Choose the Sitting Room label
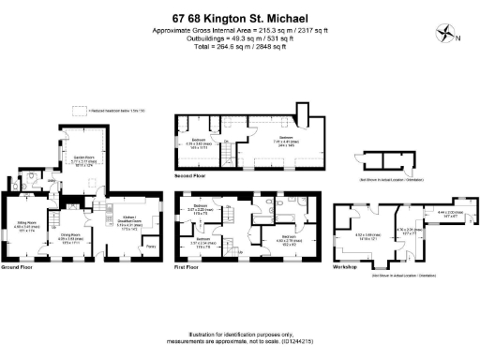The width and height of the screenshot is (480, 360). (25, 225)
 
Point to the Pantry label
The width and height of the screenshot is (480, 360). (150, 247)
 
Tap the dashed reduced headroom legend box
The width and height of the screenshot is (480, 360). (88, 110)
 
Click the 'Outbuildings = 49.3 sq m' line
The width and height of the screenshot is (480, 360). (240, 38)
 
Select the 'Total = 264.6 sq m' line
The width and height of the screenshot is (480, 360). (240, 47)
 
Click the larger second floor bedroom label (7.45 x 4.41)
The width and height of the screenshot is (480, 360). (258, 143)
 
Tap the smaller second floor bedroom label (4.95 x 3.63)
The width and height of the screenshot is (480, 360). (199, 144)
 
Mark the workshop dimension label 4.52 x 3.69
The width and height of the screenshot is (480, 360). (367, 236)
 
